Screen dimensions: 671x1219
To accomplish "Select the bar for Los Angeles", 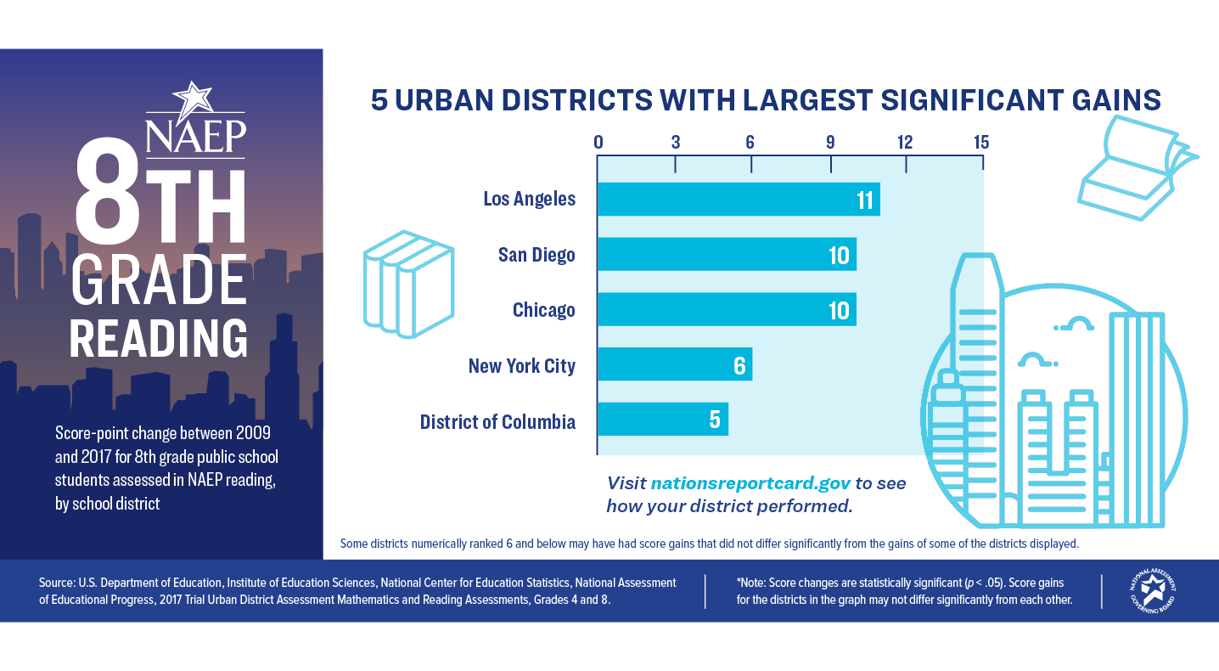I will [x=739, y=200].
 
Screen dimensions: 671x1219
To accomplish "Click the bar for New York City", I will [x=675, y=365].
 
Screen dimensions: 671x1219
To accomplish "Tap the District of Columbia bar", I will [x=662, y=420].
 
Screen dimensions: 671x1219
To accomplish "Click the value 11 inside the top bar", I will [x=865, y=200].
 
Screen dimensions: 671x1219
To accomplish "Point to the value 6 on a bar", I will [x=739, y=366].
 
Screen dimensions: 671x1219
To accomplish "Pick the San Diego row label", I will [x=536, y=255].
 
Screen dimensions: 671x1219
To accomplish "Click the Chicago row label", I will [x=544, y=310].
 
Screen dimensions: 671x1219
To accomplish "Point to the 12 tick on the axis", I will [x=906, y=142].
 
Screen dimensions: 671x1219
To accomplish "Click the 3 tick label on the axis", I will [x=676, y=142].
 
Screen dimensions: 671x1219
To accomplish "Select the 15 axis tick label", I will [x=980, y=142].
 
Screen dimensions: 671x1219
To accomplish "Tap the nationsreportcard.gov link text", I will [x=750, y=483].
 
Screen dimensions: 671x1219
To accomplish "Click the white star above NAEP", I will [x=194, y=100].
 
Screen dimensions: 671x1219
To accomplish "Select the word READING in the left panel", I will [x=159, y=339].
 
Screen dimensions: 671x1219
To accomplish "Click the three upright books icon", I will [x=407, y=280].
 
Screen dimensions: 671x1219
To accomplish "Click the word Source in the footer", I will [x=57, y=583].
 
